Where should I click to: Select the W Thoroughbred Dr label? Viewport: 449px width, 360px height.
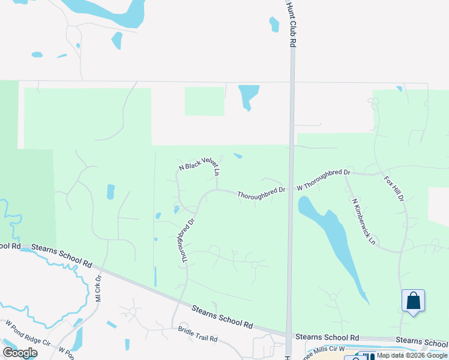(324, 179)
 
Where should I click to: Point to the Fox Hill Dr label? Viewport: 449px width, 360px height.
(394, 188)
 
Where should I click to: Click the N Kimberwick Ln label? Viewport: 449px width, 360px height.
(363, 221)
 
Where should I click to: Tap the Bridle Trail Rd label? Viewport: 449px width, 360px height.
(197, 334)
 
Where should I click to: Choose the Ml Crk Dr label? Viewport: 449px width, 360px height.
(98, 288)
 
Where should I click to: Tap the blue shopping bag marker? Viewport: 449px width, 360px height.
(413, 301)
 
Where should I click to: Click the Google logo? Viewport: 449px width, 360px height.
(19, 353)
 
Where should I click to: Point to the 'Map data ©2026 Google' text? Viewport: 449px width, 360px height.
(412, 355)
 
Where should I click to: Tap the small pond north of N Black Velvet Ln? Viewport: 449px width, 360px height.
(238, 156)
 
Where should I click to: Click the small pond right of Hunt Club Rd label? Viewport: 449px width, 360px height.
(274, 24)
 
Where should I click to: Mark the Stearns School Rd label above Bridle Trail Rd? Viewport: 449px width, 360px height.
(221, 317)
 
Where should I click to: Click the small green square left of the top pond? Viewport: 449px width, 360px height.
(204, 101)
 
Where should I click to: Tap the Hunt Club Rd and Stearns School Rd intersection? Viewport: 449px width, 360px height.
(291, 337)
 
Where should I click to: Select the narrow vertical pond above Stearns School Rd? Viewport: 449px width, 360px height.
(155, 276)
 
